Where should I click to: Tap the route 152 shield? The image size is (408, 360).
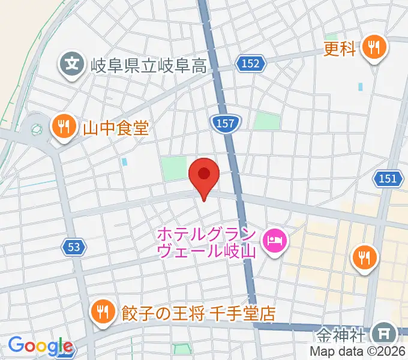pyautogui.click(x=251, y=63)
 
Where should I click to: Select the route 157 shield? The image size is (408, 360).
pyautogui.click(x=226, y=124)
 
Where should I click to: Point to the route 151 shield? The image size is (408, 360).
pyautogui.click(x=388, y=178)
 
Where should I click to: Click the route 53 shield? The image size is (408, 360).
pyautogui.click(x=74, y=247)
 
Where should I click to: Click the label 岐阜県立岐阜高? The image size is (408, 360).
pyautogui.click(x=149, y=65)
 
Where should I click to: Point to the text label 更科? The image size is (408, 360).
pyautogui.click(x=340, y=48)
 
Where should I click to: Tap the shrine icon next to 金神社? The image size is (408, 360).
pyautogui.click(x=383, y=333)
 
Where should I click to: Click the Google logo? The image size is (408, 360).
pyautogui.click(x=40, y=346)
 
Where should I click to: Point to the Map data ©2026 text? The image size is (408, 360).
pyautogui.click(x=358, y=352)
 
